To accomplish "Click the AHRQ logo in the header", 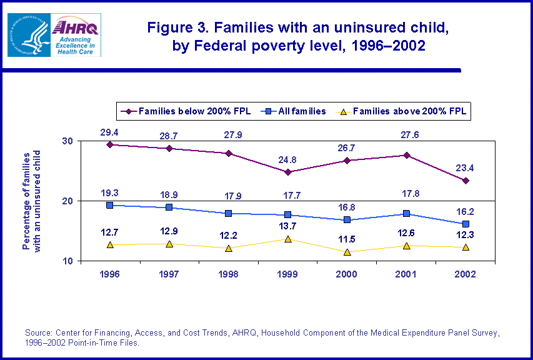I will click(x=76, y=34).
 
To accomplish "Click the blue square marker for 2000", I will click(x=347, y=220).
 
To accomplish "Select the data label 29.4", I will click(x=111, y=132).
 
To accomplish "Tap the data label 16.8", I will click(x=347, y=207).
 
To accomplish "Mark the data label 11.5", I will click(x=347, y=239).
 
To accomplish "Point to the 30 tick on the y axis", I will click(x=68, y=141).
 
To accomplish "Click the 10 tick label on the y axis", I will click(x=68, y=261).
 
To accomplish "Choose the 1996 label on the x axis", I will click(x=111, y=274).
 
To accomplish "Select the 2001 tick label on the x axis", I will click(x=406, y=274).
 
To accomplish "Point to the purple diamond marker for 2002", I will click(x=466, y=181).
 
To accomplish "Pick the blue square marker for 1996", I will click(x=111, y=205).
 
